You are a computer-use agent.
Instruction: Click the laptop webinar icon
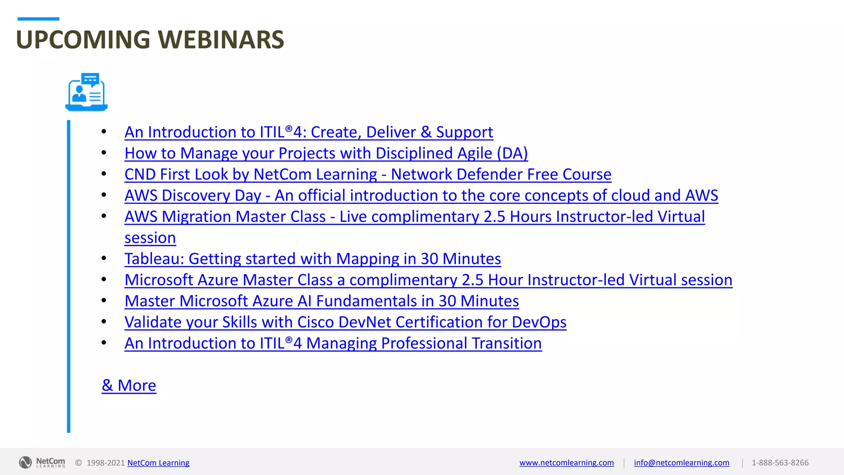coord(87,92)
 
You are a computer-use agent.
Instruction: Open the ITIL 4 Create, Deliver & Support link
coord(309,132)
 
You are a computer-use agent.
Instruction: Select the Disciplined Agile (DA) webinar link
coord(326,153)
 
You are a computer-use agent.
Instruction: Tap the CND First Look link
coord(368,174)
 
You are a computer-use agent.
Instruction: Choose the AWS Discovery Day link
coord(421,195)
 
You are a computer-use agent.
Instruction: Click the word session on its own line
coord(150,238)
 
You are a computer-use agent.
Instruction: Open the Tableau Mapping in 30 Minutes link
coord(312,259)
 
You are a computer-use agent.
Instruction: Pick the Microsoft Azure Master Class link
coord(428,280)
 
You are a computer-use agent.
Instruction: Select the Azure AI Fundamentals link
coord(321,301)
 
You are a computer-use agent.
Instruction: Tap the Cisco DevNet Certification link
coord(345,322)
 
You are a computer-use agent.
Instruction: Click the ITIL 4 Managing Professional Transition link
coord(333,343)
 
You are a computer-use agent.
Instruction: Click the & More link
coord(129,386)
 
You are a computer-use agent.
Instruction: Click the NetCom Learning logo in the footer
coord(42,462)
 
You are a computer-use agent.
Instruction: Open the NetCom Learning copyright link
coord(158,463)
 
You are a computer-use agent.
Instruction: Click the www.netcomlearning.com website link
coord(566,463)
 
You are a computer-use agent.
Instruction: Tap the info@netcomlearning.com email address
coord(681,463)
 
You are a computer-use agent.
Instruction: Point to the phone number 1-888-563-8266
coord(780,463)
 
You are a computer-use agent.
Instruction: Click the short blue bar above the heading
coord(38,19)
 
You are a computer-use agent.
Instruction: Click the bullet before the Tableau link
coord(104,259)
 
